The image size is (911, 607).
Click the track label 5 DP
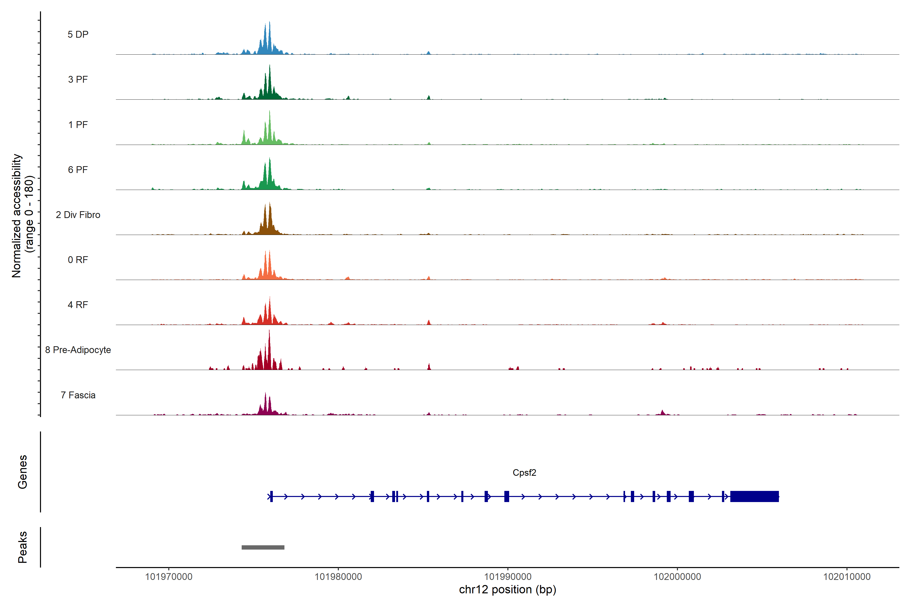tap(78, 34)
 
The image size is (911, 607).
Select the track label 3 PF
tap(78, 79)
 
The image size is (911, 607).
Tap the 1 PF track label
tap(78, 125)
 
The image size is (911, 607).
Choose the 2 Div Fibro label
tap(78, 215)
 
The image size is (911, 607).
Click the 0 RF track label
tap(78, 260)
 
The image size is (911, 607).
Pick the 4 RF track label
tap(78, 305)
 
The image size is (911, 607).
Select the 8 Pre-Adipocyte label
tap(78, 350)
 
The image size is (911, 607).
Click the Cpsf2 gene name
tap(524, 473)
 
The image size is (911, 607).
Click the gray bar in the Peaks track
tap(263, 547)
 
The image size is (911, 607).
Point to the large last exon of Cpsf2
tap(754, 496)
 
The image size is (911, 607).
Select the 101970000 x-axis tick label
tap(169, 577)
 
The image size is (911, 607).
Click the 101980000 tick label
tap(338, 577)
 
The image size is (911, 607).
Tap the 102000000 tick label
tap(677, 577)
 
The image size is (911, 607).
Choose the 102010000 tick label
tap(847, 577)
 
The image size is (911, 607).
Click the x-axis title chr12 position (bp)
tap(507, 590)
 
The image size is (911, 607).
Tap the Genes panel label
tap(23, 472)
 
